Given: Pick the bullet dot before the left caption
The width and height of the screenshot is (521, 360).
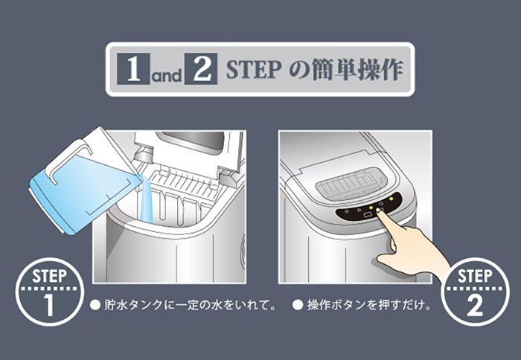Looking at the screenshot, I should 95,305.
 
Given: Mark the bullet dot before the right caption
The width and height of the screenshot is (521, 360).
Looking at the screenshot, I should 298,305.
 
